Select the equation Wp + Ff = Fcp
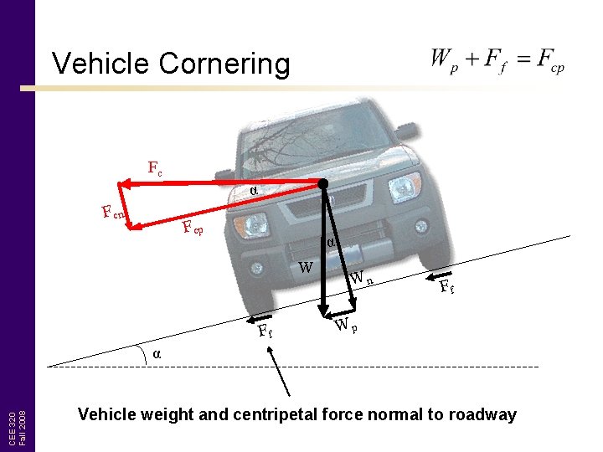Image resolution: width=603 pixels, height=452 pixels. pos(497,59)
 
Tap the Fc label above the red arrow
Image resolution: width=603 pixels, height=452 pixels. pos(155,168)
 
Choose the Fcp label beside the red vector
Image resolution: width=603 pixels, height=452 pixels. pos(192,227)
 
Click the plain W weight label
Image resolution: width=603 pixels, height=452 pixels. pos(307,268)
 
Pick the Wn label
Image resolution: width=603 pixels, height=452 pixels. pos(360,278)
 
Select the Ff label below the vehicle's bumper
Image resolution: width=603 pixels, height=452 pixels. pos(265,331)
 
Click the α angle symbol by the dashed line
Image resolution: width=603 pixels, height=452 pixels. pos(157,353)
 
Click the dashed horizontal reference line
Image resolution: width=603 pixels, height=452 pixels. pos(377,367)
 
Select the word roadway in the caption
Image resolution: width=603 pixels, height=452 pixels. pos(480,414)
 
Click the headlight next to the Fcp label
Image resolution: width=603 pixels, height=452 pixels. pos(250,224)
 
